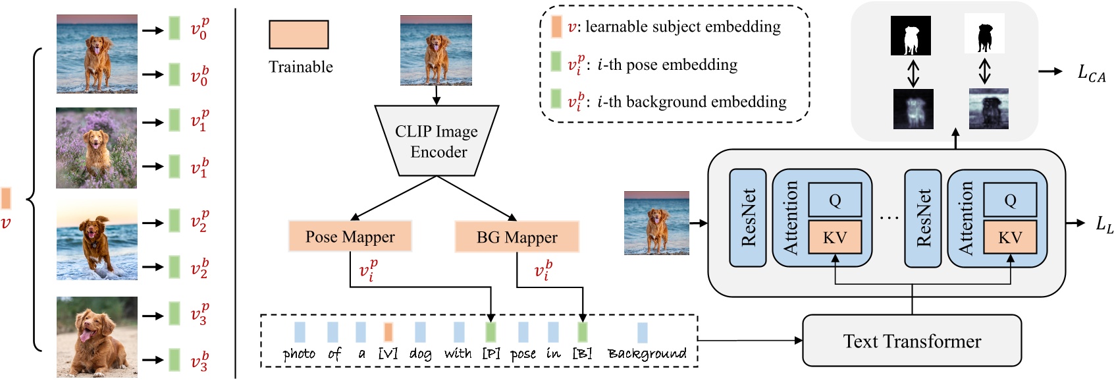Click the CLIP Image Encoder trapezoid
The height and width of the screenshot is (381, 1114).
pyautogui.click(x=437, y=141)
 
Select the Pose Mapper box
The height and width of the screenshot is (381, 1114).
pyautogui.click(x=350, y=237)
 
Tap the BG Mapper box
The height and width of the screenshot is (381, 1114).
pyautogui.click(x=517, y=237)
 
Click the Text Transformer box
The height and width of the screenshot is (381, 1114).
pyautogui.click(x=912, y=341)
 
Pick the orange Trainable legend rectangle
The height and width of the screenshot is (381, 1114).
pyautogui.click(x=298, y=34)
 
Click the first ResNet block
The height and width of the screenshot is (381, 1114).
pyautogui.click(x=748, y=218)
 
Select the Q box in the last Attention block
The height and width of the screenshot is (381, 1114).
pyautogui.click(x=1010, y=200)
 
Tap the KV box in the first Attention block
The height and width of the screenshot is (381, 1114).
pyautogui.click(x=835, y=237)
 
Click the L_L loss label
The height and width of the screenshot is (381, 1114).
pyautogui.click(x=1104, y=224)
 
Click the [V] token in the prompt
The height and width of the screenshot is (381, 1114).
pyautogui.click(x=388, y=353)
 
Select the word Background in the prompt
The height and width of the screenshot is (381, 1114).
pyautogui.click(x=647, y=353)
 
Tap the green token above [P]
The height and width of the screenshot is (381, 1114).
pyautogui.click(x=491, y=331)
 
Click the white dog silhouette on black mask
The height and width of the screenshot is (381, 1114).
pyautogui.click(x=911, y=36)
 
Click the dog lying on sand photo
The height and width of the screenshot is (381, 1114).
pyautogui.click(x=97, y=336)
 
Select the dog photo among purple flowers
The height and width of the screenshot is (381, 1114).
pyautogui.click(x=97, y=148)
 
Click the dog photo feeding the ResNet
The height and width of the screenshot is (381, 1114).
pyautogui.click(x=656, y=223)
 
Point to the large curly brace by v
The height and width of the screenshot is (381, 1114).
pyautogui.click(x=33, y=198)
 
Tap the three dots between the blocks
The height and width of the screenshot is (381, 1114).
pyautogui.click(x=888, y=217)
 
